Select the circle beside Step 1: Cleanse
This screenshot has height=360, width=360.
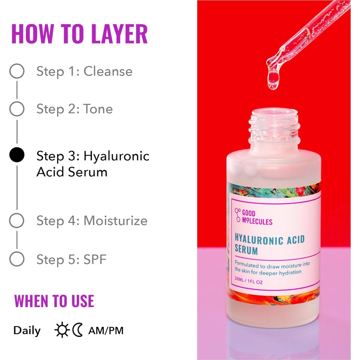17,71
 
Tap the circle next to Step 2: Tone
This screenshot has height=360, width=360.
17,109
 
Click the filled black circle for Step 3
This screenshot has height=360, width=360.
17,155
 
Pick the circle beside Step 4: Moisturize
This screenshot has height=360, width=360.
17,220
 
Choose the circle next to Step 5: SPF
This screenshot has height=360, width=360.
17,259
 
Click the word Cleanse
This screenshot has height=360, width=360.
108,71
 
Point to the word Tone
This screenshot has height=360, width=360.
98,109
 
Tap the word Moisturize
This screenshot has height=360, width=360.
115,221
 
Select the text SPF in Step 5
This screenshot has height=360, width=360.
95,259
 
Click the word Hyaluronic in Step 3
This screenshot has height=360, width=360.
116,156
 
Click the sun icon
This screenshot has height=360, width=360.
62,330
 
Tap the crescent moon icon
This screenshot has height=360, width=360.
78,330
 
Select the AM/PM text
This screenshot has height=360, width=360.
106,331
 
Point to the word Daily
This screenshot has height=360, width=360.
27,331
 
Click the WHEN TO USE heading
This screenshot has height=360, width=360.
54,301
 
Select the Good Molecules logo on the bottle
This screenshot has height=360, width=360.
253,217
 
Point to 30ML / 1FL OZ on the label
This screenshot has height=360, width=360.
249,280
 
